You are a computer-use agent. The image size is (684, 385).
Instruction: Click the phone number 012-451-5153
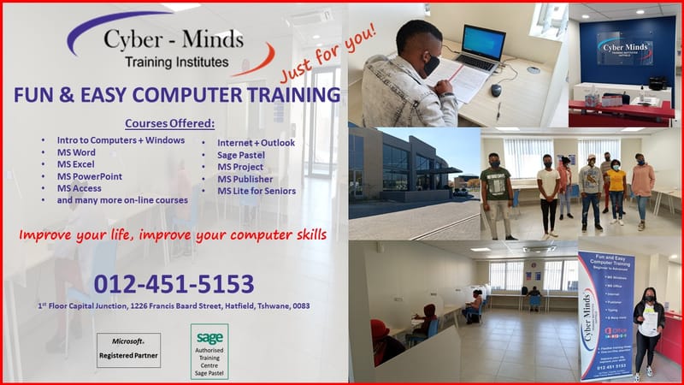[x=174, y=284]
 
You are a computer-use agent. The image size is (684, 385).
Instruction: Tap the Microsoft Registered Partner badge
[x=128, y=350]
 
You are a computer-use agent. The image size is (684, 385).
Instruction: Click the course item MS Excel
[x=76, y=164]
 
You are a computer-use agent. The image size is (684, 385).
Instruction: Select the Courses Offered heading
[x=169, y=122]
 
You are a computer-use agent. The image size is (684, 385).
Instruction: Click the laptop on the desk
[x=482, y=50]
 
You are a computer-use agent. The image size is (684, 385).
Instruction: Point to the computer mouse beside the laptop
[x=495, y=90]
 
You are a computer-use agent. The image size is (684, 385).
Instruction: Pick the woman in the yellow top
[x=616, y=192]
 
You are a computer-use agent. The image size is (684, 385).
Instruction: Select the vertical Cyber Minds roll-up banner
[x=605, y=315]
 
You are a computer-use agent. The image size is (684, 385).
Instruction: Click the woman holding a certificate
[x=648, y=329]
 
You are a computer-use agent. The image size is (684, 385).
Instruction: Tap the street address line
[x=174, y=306]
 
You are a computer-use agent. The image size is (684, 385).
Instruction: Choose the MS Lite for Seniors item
[x=256, y=191]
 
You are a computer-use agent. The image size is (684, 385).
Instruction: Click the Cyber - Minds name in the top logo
[x=173, y=40]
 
